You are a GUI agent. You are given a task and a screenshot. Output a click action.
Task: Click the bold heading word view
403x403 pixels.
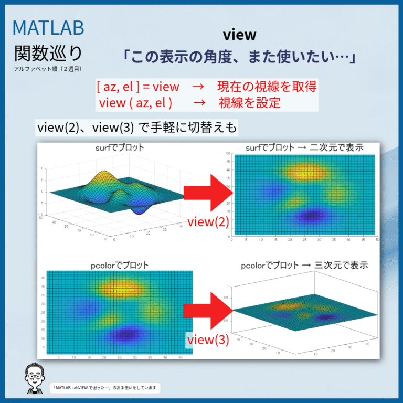(x=239, y=35)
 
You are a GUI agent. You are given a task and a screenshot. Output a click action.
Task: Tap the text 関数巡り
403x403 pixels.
(x=48, y=53)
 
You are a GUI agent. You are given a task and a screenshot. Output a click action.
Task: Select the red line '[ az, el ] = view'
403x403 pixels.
(x=138, y=87)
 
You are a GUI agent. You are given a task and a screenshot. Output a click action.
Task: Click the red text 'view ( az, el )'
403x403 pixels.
(x=135, y=102)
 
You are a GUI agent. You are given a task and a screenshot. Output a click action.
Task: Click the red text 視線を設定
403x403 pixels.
(x=249, y=102)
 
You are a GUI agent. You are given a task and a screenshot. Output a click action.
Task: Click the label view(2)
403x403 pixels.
(x=208, y=222)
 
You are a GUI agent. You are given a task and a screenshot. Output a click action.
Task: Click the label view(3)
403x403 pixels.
(x=208, y=340)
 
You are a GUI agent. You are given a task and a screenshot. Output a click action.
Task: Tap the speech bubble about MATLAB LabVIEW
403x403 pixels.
(x=105, y=388)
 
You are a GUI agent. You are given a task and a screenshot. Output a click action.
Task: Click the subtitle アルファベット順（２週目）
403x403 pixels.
(x=48, y=69)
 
